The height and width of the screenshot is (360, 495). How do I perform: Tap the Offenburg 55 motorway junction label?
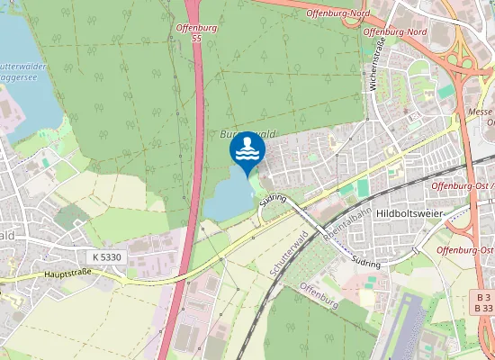[x=186, y=34]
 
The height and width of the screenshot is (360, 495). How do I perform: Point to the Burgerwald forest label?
[x=245, y=133]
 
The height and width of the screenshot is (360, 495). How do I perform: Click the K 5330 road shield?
[x=106, y=256]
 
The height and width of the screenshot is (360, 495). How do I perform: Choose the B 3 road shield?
[x=484, y=296]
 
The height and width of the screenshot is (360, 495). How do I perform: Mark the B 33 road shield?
[x=484, y=308]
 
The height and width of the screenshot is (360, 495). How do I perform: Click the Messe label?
[x=480, y=112]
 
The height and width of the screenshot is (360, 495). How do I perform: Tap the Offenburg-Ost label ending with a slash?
[x=463, y=185]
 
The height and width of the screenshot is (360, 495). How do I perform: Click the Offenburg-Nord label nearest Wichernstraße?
[x=395, y=31]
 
